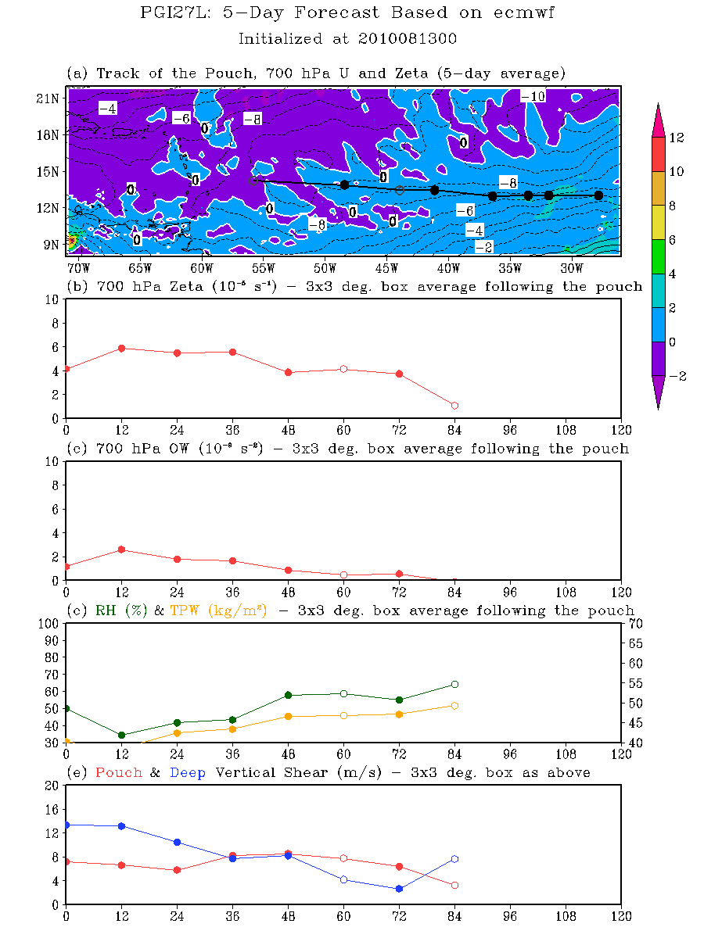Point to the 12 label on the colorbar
pos(677,138)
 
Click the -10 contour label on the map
pos(533,96)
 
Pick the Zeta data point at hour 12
pos(122,349)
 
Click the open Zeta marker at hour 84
pos(454,406)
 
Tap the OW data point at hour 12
pos(122,550)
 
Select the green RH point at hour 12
pos(122,736)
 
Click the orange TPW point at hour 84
pos(454,706)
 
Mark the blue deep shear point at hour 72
pos(399,889)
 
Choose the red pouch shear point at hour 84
pos(454,885)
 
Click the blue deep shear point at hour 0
pos(66,825)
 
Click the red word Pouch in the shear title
pos(118,772)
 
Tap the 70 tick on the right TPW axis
pos(635,623)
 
